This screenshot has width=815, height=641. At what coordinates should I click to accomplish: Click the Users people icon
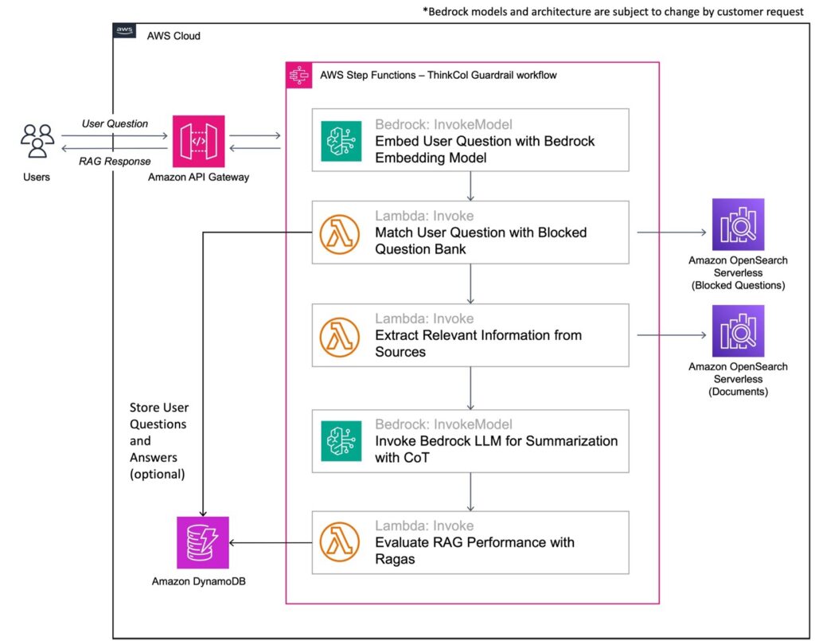point(37,141)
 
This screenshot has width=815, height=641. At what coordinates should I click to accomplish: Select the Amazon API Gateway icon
point(198,141)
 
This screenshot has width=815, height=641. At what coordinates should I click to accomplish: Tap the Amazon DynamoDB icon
point(202,542)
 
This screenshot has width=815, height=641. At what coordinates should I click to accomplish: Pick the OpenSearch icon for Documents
point(738,330)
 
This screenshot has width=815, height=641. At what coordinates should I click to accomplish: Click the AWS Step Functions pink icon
point(298,75)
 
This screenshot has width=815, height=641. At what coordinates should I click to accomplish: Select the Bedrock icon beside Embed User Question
point(341,141)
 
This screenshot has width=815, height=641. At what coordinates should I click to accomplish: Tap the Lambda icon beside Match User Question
point(341,233)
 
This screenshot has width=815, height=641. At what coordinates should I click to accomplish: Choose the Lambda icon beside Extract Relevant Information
point(341,335)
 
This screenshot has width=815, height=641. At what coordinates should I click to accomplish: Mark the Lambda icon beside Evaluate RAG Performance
point(341,542)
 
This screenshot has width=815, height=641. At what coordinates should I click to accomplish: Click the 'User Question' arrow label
point(115,123)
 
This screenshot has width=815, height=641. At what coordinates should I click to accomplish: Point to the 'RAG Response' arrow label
point(115,162)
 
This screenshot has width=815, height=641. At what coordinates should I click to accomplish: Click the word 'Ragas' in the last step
point(395,559)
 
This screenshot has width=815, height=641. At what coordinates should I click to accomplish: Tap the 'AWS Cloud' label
point(174,36)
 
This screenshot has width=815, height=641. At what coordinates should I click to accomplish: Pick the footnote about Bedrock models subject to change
point(613,12)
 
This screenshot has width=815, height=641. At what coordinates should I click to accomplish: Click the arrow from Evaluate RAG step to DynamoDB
point(271,543)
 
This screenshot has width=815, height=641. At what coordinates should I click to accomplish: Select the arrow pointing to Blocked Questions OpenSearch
point(672,233)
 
